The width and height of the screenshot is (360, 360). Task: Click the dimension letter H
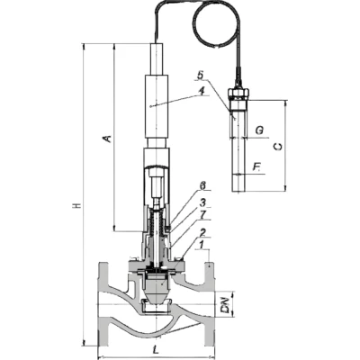[77, 205]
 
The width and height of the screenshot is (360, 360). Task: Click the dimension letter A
[107, 139]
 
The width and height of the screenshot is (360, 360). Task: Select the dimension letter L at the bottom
[155, 349]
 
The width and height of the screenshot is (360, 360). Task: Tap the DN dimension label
[229, 305]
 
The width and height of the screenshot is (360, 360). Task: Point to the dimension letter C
[278, 147]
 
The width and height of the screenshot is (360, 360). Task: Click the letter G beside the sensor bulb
[259, 130]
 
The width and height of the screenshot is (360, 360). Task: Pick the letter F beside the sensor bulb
[256, 167]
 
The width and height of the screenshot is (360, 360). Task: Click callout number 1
[202, 245]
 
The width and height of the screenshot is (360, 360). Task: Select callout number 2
[203, 232]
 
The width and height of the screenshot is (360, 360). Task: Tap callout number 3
[203, 202]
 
